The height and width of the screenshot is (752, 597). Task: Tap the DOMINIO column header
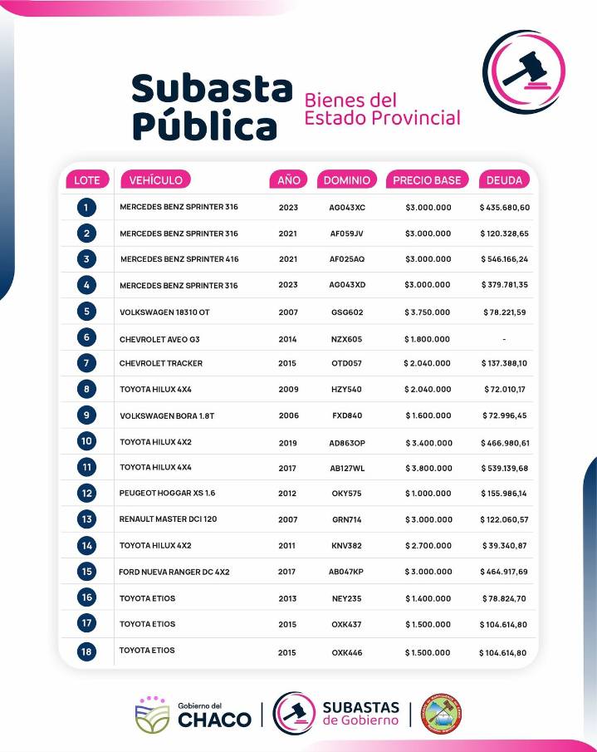347,179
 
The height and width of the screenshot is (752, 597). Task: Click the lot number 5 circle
86,312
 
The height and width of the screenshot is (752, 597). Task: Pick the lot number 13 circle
86,519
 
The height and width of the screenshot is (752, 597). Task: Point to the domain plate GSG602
347,312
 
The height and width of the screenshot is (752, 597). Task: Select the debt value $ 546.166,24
504,259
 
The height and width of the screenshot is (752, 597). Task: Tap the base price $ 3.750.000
428,312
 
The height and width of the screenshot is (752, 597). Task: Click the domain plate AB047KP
347,572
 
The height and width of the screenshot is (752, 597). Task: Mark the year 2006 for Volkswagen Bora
288,415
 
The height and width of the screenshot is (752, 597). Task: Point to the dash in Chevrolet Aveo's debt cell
504,339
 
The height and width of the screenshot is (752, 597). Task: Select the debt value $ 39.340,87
504,546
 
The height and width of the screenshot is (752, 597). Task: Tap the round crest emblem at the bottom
441,714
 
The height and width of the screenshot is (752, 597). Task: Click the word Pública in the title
204,125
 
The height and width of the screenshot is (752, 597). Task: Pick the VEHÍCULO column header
156,179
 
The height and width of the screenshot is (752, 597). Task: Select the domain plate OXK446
347,653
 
